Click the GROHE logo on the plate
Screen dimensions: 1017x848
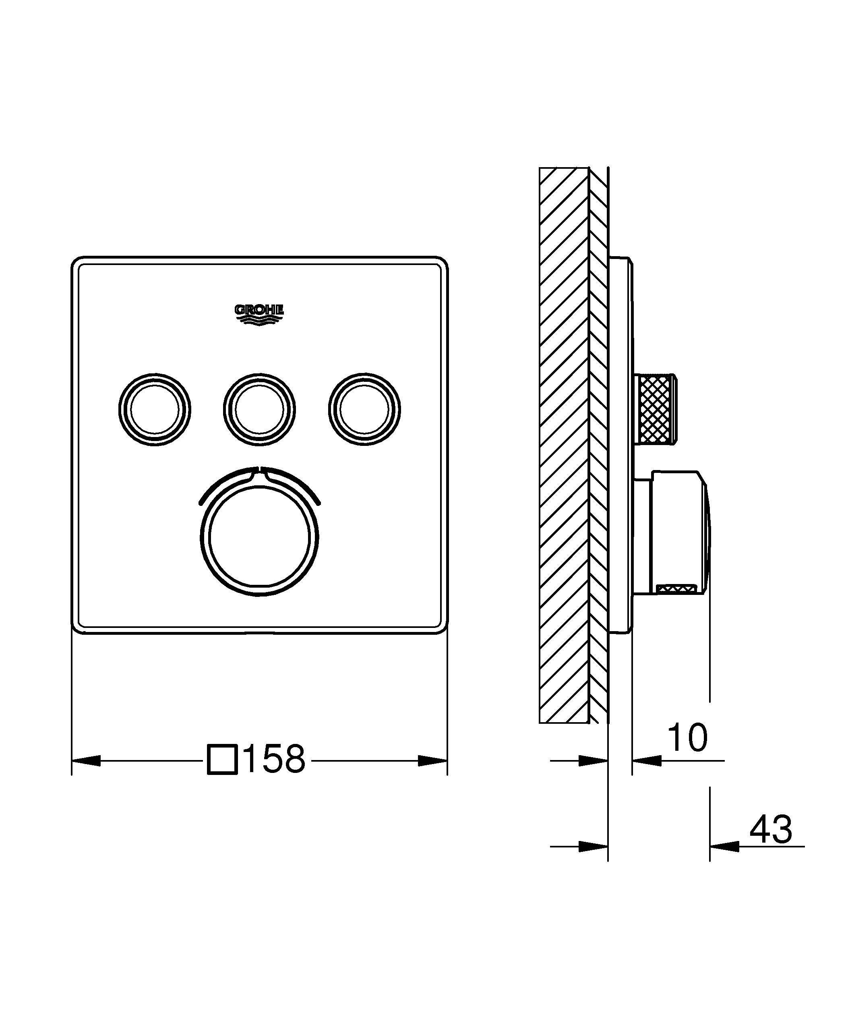[259, 314]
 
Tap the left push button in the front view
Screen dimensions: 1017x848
[154, 409]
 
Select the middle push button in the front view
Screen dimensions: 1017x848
[259, 409]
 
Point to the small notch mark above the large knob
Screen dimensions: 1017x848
[259, 469]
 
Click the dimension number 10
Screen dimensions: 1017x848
[687, 737]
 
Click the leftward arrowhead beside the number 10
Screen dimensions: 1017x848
[647, 760]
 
